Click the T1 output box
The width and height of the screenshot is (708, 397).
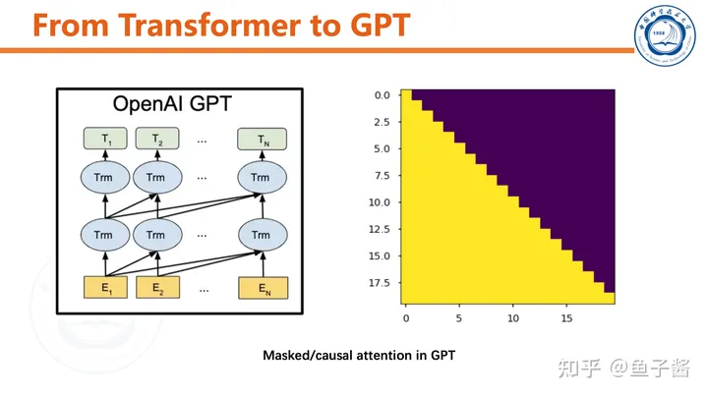pos(105,139)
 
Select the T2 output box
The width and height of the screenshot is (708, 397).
pos(157,139)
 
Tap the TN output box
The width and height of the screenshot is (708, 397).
pos(262,139)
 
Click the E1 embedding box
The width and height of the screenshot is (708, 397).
pos(105,287)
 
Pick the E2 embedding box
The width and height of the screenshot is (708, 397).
pos(157,287)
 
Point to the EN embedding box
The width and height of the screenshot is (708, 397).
pos(263,288)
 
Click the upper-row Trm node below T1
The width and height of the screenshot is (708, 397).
pos(105,177)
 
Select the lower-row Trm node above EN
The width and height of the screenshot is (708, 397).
pos(263,235)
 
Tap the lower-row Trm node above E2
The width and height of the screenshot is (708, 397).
pos(157,235)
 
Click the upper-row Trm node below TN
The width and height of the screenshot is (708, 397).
pos(263,177)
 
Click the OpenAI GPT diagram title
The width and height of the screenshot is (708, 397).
pos(172,104)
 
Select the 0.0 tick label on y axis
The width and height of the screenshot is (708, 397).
pos(382,95)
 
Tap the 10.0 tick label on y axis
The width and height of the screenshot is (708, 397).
pos(380,202)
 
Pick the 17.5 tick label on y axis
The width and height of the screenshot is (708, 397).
pos(380,283)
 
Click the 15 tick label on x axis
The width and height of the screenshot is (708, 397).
pos(566,318)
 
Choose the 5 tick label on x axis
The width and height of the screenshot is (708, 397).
pos(459,318)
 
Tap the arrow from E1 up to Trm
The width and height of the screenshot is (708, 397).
pos(105,264)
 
